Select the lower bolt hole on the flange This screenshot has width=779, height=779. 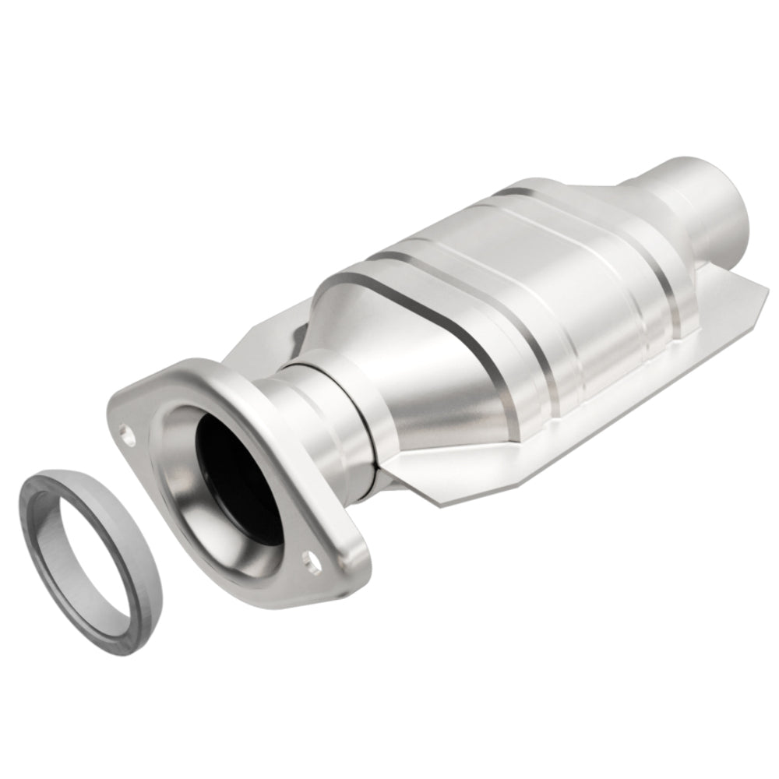pos(312,558)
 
